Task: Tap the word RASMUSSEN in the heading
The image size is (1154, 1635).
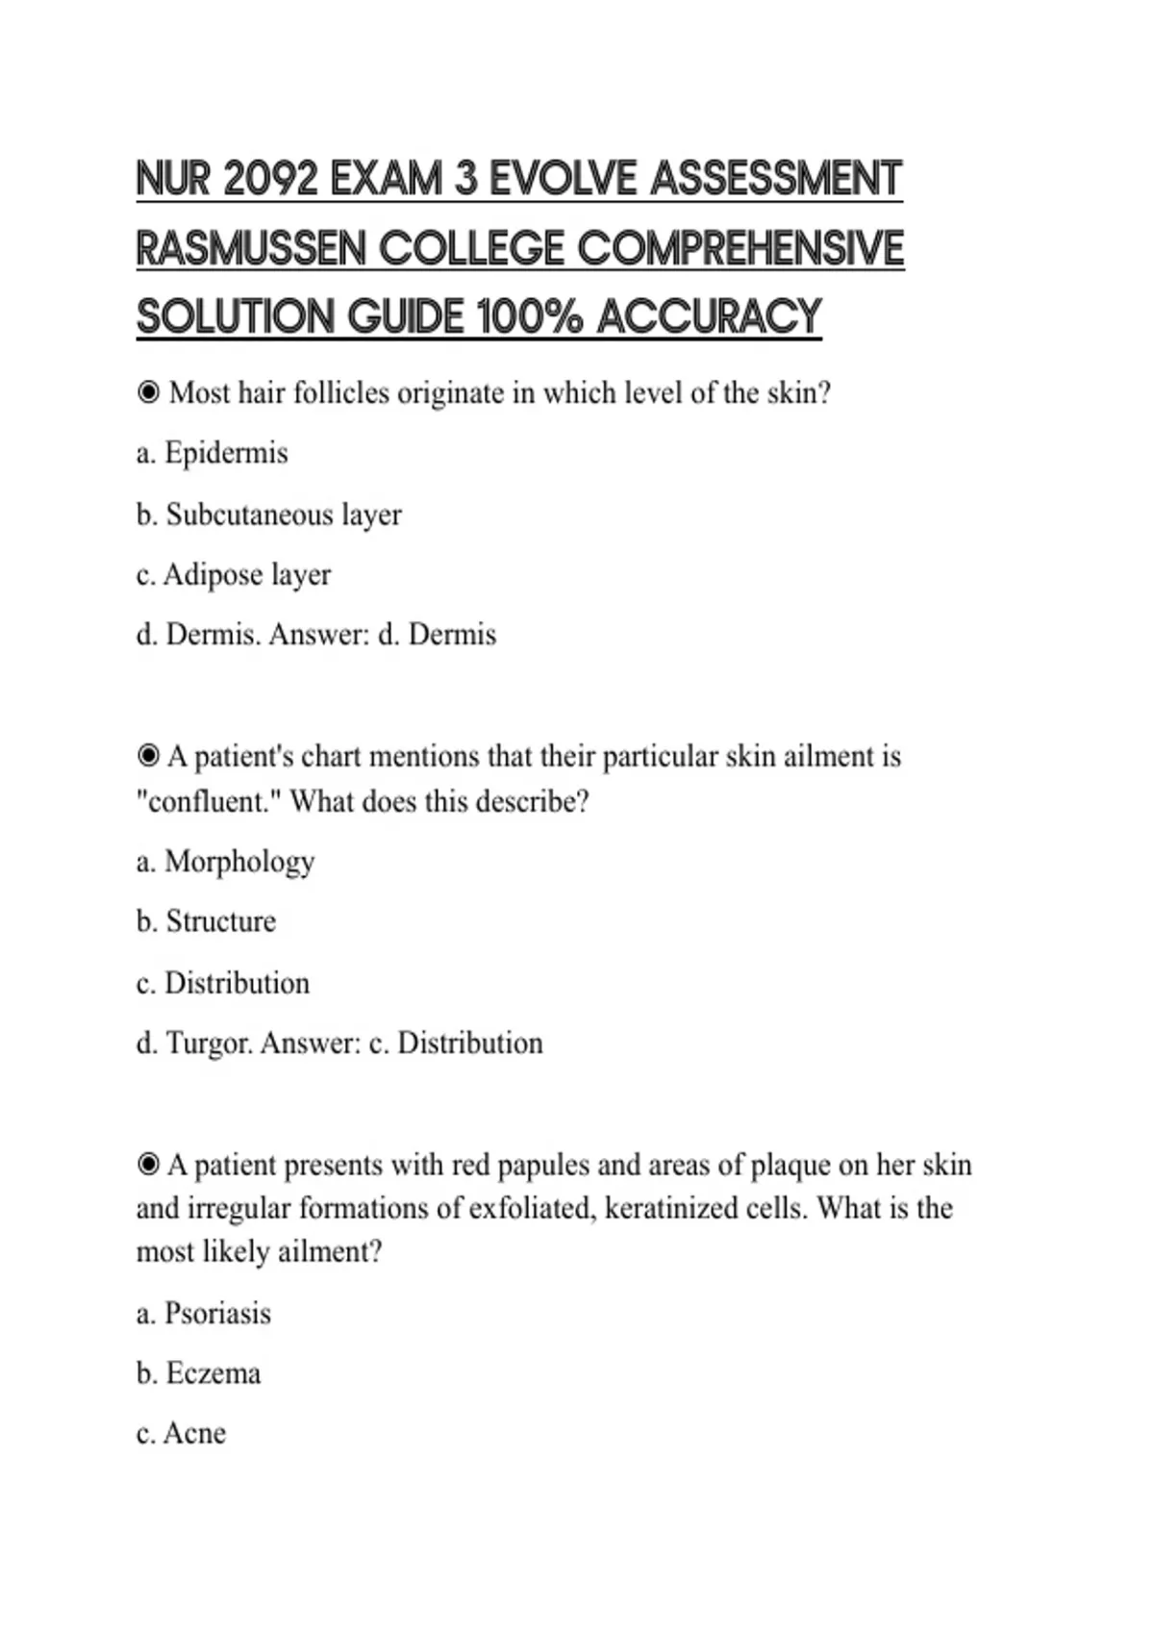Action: point(252,248)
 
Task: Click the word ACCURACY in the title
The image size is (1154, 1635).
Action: point(709,316)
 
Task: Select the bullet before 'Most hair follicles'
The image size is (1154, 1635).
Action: point(148,392)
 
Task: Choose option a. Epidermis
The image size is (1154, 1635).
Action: point(212,453)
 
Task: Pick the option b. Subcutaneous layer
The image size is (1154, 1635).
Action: point(268,515)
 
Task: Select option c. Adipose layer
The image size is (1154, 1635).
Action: point(234,575)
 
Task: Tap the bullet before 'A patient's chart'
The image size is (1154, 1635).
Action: point(148,756)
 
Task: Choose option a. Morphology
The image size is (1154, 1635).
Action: point(225,862)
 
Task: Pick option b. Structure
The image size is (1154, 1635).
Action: point(206,921)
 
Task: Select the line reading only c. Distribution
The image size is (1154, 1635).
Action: point(223,983)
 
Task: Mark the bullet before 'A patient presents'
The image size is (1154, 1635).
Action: point(148,1165)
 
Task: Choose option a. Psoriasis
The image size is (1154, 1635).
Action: point(204,1314)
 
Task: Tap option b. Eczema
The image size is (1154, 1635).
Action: point(198,1373)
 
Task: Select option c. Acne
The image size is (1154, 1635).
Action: point(181,1433)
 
